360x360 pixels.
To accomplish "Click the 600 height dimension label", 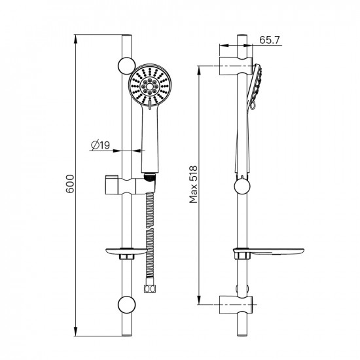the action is [x=70, y=184].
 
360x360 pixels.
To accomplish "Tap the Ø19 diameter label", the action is [x=100, y=145].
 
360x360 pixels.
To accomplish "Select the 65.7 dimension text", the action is [x=270, y=40].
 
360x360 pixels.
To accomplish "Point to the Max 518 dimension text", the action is [x=193, y=185].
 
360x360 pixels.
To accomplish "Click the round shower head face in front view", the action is [x=149, y=86].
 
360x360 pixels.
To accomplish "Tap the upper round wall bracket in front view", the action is [x=126, y=65].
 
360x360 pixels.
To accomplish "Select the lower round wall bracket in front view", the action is [x=126, y=304].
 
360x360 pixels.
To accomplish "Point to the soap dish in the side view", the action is [x=268, y=253].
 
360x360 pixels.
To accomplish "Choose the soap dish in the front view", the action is [x=126, y=253].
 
